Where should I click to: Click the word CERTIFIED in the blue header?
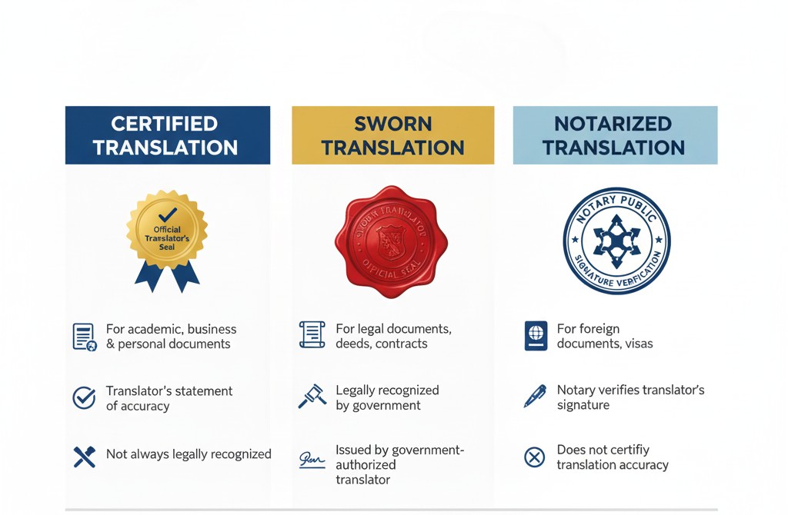tap(164, 124)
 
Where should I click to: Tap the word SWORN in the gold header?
tap(392, 124)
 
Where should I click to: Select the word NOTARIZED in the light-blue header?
tap(613, 124)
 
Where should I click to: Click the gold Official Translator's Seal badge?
tap(167, 231)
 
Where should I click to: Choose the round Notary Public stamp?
tap(616, 241)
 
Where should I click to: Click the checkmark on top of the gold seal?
tap(167, 214)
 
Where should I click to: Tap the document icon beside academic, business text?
tap(84, 337)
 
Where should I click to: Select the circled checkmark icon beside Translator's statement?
tap(84, 397)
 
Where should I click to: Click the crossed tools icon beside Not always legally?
tap(84, 457)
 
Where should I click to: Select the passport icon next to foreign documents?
tap(535, 337)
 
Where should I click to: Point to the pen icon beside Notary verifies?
tap(535, 396)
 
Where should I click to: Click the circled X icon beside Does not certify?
tap(534, 457)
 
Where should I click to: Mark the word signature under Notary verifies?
tap(583, 405)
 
